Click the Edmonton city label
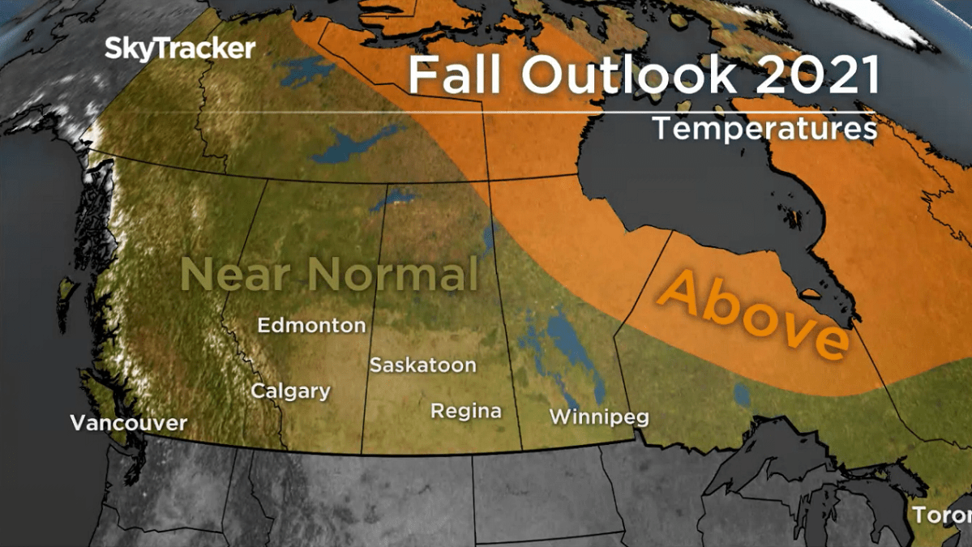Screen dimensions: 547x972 pyautogui.click(x=311, y=326)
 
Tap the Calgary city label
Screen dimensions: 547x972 pyautogui.click(x=290, y=391)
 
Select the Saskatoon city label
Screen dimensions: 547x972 pyautogui.click(x=422, y=365)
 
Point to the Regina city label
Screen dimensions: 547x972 pyautogui.click(x=465, y=411)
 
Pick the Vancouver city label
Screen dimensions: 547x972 pyautogui.click(x=128, y=423)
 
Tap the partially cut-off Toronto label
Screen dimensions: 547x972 pyautogui.click(x=941, y=515)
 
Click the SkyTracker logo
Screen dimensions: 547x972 pyautogui.click(x=180, y=49)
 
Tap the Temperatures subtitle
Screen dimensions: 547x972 pyautogui.click(x=764, y=129)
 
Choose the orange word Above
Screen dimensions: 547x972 pyautogui.click(x=753, y=313)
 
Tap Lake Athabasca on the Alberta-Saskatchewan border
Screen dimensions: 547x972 pyautogui.click(x=392, y=198)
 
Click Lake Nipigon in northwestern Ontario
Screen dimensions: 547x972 pyautogui.click(x=741, y=395)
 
